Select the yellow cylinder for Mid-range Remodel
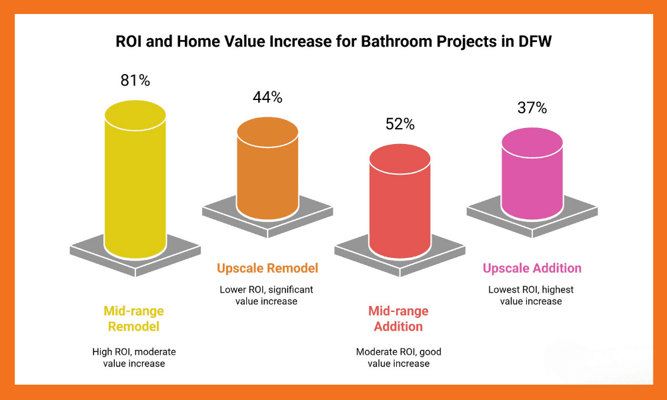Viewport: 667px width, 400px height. click(135, 180)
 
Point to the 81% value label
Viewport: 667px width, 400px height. click(135, 81)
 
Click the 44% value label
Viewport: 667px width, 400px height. click(267, 97)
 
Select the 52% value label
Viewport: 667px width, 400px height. click(400, 124)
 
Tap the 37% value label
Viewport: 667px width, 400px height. click(532, 107)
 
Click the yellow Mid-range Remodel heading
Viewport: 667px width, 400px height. click(133, 319)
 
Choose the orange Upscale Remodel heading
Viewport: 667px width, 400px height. click(267, 269)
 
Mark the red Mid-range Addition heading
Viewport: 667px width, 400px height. click(398, 319)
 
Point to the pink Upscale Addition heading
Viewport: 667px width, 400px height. click(532, 269)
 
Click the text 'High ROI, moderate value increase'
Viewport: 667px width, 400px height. click(134, 357)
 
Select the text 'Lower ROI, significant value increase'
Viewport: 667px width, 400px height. click(266, 295)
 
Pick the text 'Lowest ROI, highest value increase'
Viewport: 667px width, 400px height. click(531, 295)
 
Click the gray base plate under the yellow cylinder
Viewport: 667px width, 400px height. click(90, 254)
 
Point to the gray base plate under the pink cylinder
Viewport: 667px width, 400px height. click(487, 213)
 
